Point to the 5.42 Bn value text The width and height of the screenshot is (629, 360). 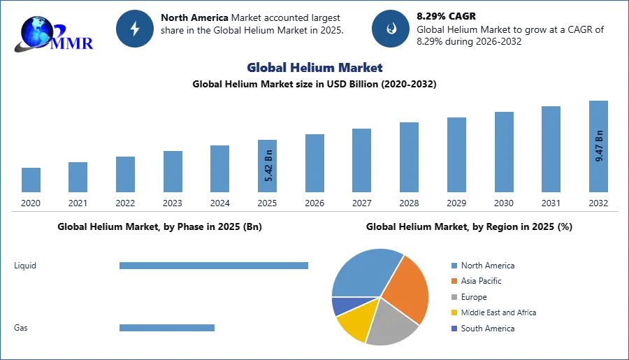click(x=269, y=168)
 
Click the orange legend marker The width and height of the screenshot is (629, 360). click(x=454, y=281)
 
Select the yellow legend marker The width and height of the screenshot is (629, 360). click(x=454, y=313)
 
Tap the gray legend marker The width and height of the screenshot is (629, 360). click(x=454, y=297)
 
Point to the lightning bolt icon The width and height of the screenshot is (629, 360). click(x=136, y=29)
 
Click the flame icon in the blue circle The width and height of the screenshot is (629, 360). click(x=391, y=29)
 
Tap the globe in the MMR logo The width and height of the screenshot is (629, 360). click(x=36, y=31)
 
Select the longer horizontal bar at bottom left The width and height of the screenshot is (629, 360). click(x=215, y=266)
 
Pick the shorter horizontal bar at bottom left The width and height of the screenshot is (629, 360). click(x=168, y=329)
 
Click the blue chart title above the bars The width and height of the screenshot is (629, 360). click(x=315, y=68)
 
